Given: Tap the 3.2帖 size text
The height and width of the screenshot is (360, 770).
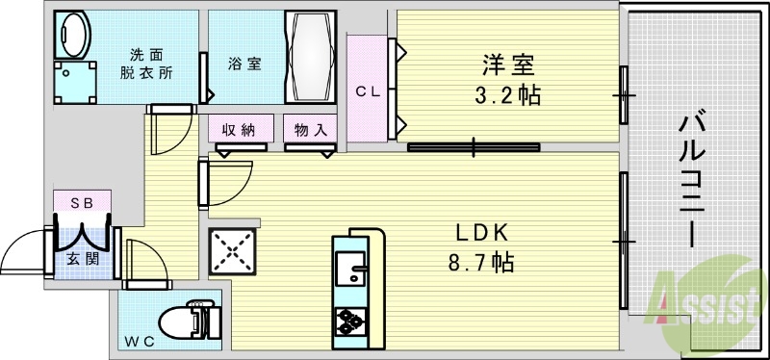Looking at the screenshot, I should click(x=508, y=95).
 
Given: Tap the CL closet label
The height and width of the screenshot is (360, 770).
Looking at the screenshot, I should click(x=369, y=92).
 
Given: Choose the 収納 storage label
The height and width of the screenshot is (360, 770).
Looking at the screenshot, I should click(x=238, y=130).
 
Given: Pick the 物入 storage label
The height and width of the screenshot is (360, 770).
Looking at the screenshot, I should click(x=309, y=130).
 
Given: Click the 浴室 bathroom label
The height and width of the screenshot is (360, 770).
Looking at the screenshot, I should click(x=244, y=64).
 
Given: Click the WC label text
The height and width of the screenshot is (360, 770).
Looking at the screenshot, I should click(x=138, y=339).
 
